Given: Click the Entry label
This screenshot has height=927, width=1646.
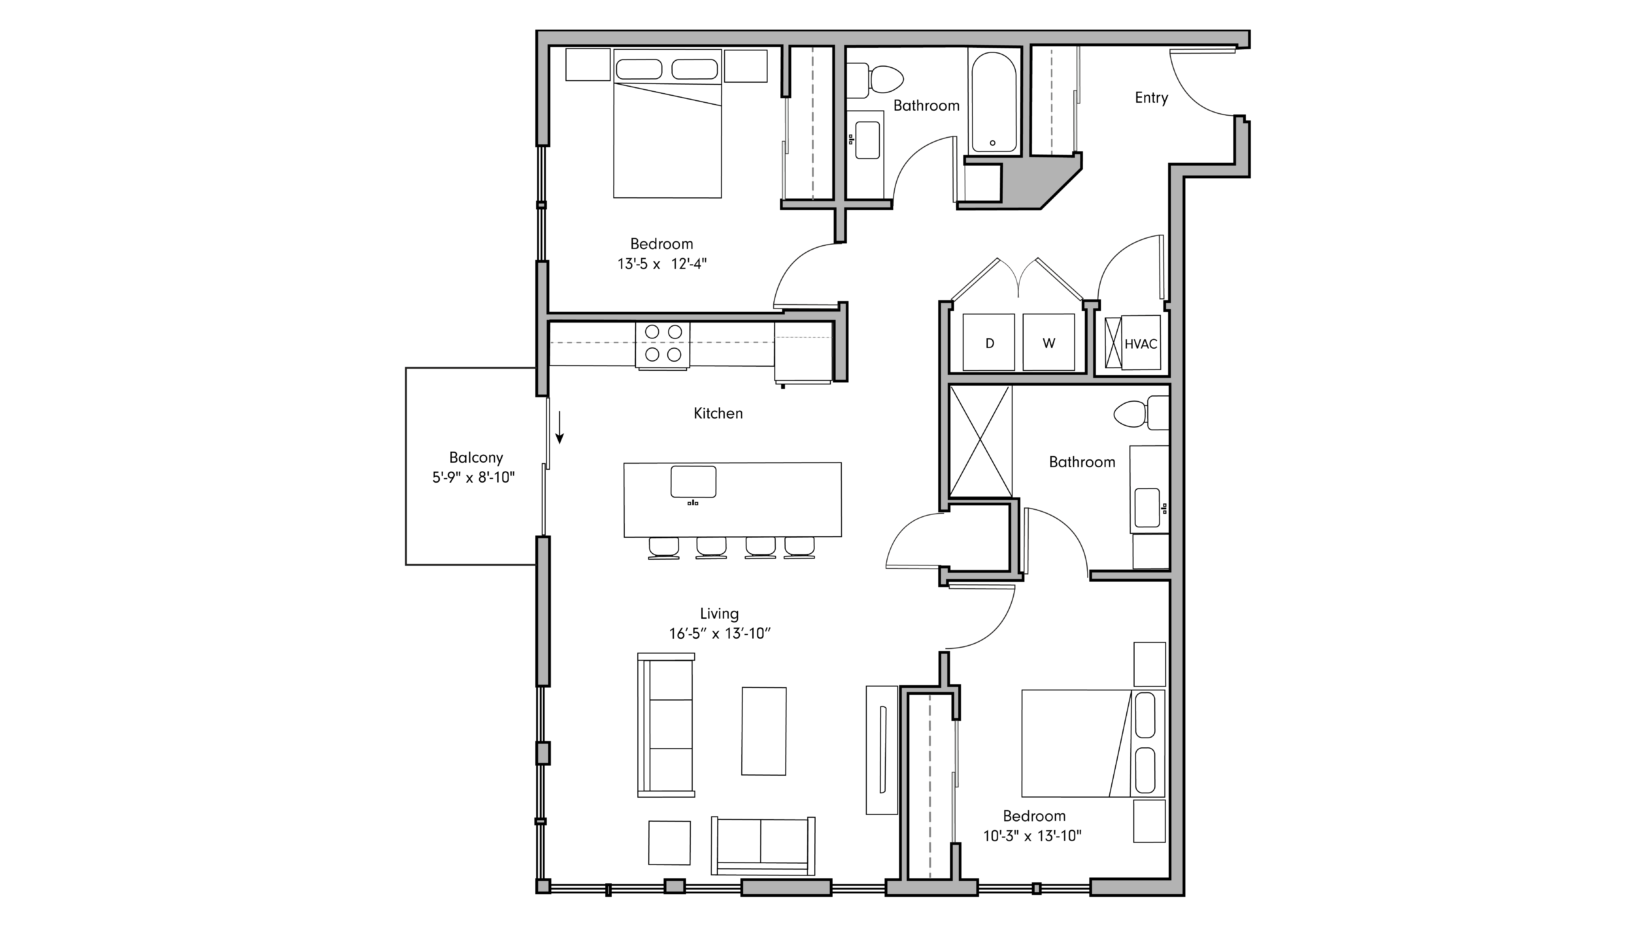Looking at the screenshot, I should (1151, 98).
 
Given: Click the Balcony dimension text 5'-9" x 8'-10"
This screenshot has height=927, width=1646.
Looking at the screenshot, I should (473, 478).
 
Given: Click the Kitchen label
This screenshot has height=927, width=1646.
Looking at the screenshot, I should (718, 414).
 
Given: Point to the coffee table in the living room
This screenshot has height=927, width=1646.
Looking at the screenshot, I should (764, 731).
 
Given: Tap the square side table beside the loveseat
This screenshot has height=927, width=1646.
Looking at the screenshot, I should (670, 843).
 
